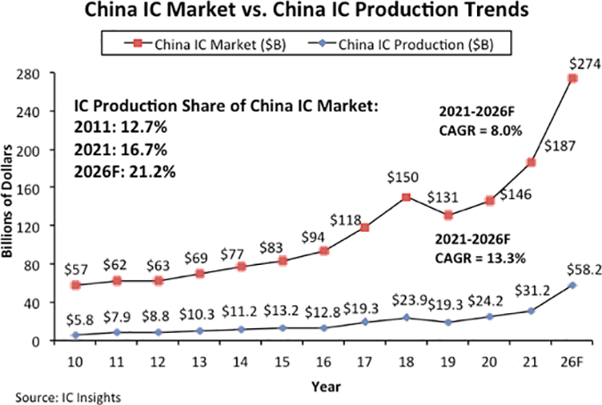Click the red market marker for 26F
(x=572, y=79)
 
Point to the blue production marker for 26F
(x=572, y=285)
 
